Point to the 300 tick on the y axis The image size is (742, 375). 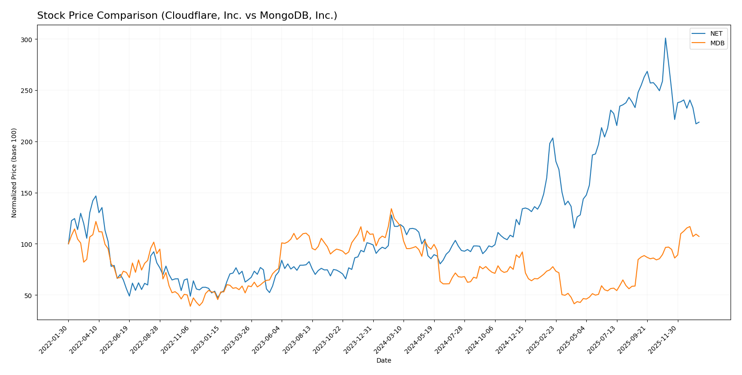[x=27, y=40]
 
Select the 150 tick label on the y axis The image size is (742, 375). [x=27, y=193]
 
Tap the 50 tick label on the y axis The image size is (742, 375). [x=28, y=295]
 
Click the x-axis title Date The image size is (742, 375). [x=383, y=361]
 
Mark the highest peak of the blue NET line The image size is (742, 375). [x=665, y=38]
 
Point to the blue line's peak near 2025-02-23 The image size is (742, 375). [x=553, y=138]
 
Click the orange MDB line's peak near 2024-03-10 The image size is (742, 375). [x=391, y=209]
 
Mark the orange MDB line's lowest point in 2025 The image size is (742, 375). [x=574, y=304]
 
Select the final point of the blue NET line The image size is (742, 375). [x=699, y=122]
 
